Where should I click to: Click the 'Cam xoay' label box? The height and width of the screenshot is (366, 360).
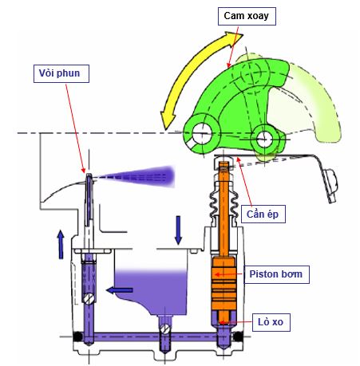click(247, 17)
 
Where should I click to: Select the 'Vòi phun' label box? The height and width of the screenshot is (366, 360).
click(61, 73)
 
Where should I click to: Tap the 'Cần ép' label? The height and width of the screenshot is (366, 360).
click(263, 214)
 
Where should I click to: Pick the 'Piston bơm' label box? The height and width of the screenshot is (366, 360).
click(277, 274)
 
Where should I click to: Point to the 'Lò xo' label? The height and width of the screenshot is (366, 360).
click(271, 322)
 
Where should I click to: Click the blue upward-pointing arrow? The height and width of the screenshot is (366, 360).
click(61, 244)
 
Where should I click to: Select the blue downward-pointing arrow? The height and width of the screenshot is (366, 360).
click(178, 230)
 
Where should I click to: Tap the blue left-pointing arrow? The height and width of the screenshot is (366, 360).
click(120, 290)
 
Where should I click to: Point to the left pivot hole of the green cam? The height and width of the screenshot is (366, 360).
click(201, 134)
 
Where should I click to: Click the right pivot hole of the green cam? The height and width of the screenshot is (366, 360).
click(265, 139)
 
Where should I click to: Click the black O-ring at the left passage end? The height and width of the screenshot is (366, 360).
click(77, 336)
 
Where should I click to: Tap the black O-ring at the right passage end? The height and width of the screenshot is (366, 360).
click(238, 336)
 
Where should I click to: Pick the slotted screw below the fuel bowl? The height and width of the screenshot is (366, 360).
click(165, 329)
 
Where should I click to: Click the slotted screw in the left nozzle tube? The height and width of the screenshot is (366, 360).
click(89, 299)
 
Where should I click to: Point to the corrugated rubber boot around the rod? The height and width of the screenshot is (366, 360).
click(224, 203)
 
